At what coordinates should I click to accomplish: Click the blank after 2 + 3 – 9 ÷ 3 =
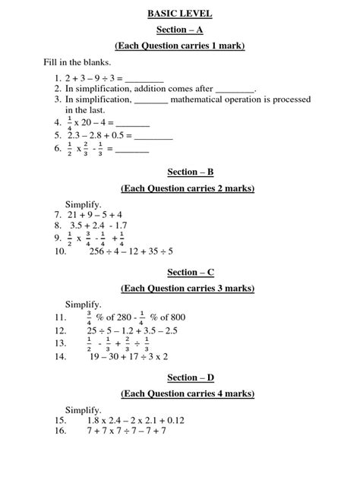click(x=144, y=77)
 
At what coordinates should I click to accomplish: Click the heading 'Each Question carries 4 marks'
click(x=188, y=393)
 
